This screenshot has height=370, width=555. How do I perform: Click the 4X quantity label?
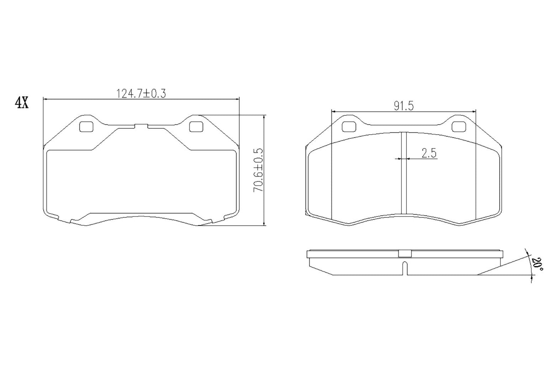pos(22,103)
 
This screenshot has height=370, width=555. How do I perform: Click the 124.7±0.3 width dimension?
pos(141,93)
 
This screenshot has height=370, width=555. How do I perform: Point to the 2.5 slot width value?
pos(429,153)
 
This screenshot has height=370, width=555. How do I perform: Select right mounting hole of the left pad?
pos(196,126)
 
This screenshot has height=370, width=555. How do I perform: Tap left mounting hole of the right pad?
pos(348,126)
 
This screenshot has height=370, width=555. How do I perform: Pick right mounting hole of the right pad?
pos(458,126)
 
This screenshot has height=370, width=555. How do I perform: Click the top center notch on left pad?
pos(141,125)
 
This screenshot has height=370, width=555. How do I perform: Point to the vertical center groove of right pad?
pos(403,173)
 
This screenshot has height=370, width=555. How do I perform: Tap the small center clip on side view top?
pos(404,254)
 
